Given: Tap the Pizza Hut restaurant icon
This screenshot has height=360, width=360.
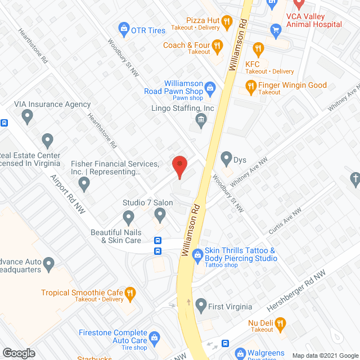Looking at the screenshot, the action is (227, 22).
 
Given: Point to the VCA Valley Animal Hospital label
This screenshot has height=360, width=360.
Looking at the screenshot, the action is (314, 20).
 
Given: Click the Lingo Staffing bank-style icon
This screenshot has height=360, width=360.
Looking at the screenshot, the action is (201, 119).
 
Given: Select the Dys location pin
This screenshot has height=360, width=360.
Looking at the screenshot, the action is (227, 158).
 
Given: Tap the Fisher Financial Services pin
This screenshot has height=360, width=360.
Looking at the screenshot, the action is (84, 183).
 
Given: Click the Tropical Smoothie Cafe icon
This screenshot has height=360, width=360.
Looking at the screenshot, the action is (130, 292).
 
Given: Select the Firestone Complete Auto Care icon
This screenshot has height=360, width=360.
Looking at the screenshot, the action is (156, 337).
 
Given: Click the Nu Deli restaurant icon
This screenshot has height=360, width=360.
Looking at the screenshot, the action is (281, 323).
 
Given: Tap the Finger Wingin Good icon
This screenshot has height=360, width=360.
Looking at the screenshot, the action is (251, 86).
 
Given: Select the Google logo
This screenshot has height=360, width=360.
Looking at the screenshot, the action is (19, 353).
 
